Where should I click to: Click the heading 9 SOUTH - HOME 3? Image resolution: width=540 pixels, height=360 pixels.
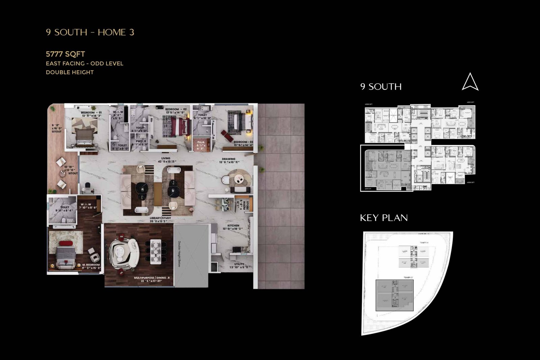(90, 32)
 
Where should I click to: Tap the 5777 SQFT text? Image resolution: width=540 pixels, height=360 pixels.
(65, 54)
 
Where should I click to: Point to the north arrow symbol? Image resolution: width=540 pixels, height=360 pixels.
(470, 82)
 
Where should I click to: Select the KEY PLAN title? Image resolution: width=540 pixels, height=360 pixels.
(384, 218)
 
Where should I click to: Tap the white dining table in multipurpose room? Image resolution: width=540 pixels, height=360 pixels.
(156, 250)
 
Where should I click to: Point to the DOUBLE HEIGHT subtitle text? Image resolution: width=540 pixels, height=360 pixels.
(70, 72)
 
